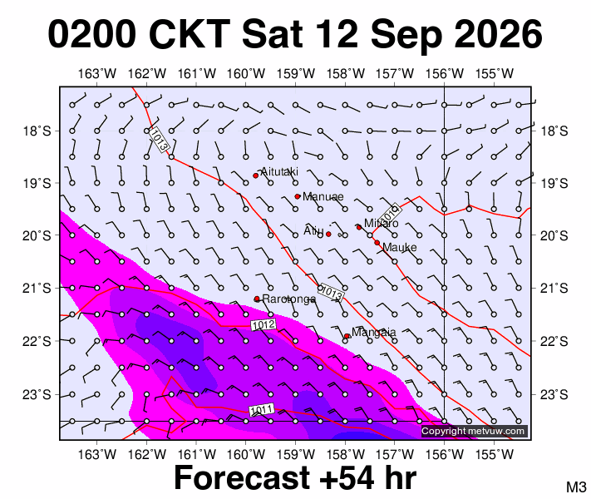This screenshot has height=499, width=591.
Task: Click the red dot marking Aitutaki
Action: (x=255, y=175)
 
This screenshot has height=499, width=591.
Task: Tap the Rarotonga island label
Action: (x=289, y=299)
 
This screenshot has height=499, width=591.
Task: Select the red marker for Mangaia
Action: (x=347, y=336)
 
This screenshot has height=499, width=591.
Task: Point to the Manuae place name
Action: (x=323, y=196)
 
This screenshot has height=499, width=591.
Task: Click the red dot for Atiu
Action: (x=328, y=235)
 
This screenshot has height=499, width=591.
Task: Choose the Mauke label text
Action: (x=400, y=248)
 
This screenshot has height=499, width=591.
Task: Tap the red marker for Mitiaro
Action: (x=359, y=227)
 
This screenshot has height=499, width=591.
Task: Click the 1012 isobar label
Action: (x=263, y=324)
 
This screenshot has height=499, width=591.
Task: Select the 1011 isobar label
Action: (x=262, y=410)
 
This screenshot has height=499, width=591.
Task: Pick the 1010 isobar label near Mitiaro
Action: (x=390, y=215)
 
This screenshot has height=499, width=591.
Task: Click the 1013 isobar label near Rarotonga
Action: (x=332, y=293)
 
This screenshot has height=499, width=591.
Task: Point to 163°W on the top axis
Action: (x=97, y=73)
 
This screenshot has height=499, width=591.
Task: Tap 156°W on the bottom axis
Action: (x=445, y=454)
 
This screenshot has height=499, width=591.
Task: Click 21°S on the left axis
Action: (x=37, y=289)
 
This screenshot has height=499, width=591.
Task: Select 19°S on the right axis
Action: (x=554, y=184)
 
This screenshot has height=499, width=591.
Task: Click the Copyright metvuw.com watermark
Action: (x=473, y=431)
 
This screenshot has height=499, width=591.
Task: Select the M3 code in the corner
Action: (x=576, y=487)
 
